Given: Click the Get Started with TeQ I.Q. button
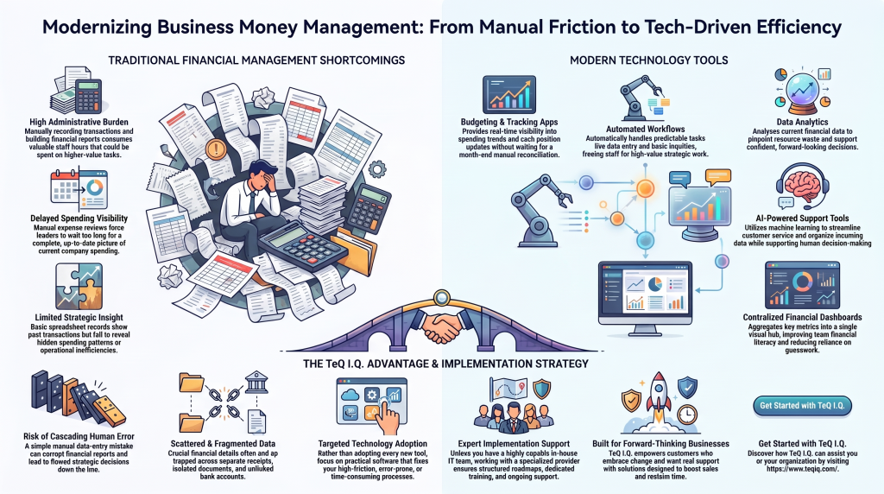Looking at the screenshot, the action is point(802,405).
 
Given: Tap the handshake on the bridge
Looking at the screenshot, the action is point(441,326).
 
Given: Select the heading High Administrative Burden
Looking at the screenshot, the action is point(79,122).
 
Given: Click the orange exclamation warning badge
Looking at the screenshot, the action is point(216,149).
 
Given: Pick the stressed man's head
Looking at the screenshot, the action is point(262,174).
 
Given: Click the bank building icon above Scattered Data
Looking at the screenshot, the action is point(256,383).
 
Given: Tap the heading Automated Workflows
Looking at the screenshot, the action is point(646,130).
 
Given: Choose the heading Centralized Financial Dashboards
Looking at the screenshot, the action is point(802,318).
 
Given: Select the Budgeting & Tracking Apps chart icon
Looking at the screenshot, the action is point(509,95).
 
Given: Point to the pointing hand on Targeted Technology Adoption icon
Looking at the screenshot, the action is point(388,416).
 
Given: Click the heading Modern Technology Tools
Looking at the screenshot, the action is point(649,60).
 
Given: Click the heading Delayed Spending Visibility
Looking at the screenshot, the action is point(79,218).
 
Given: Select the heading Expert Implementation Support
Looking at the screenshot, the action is point(514,444).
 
